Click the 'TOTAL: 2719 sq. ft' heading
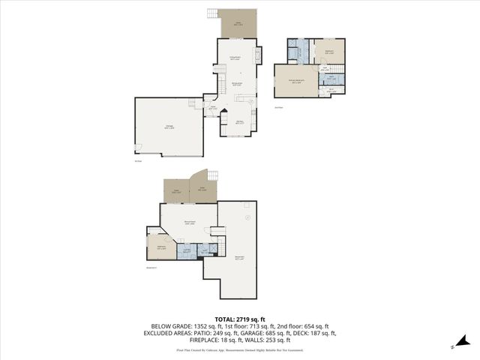click(239, 319)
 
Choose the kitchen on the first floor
click(239, 122)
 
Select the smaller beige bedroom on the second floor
click(329, 52)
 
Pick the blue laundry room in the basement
click(186, 251)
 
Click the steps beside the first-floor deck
click(213, 14)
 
